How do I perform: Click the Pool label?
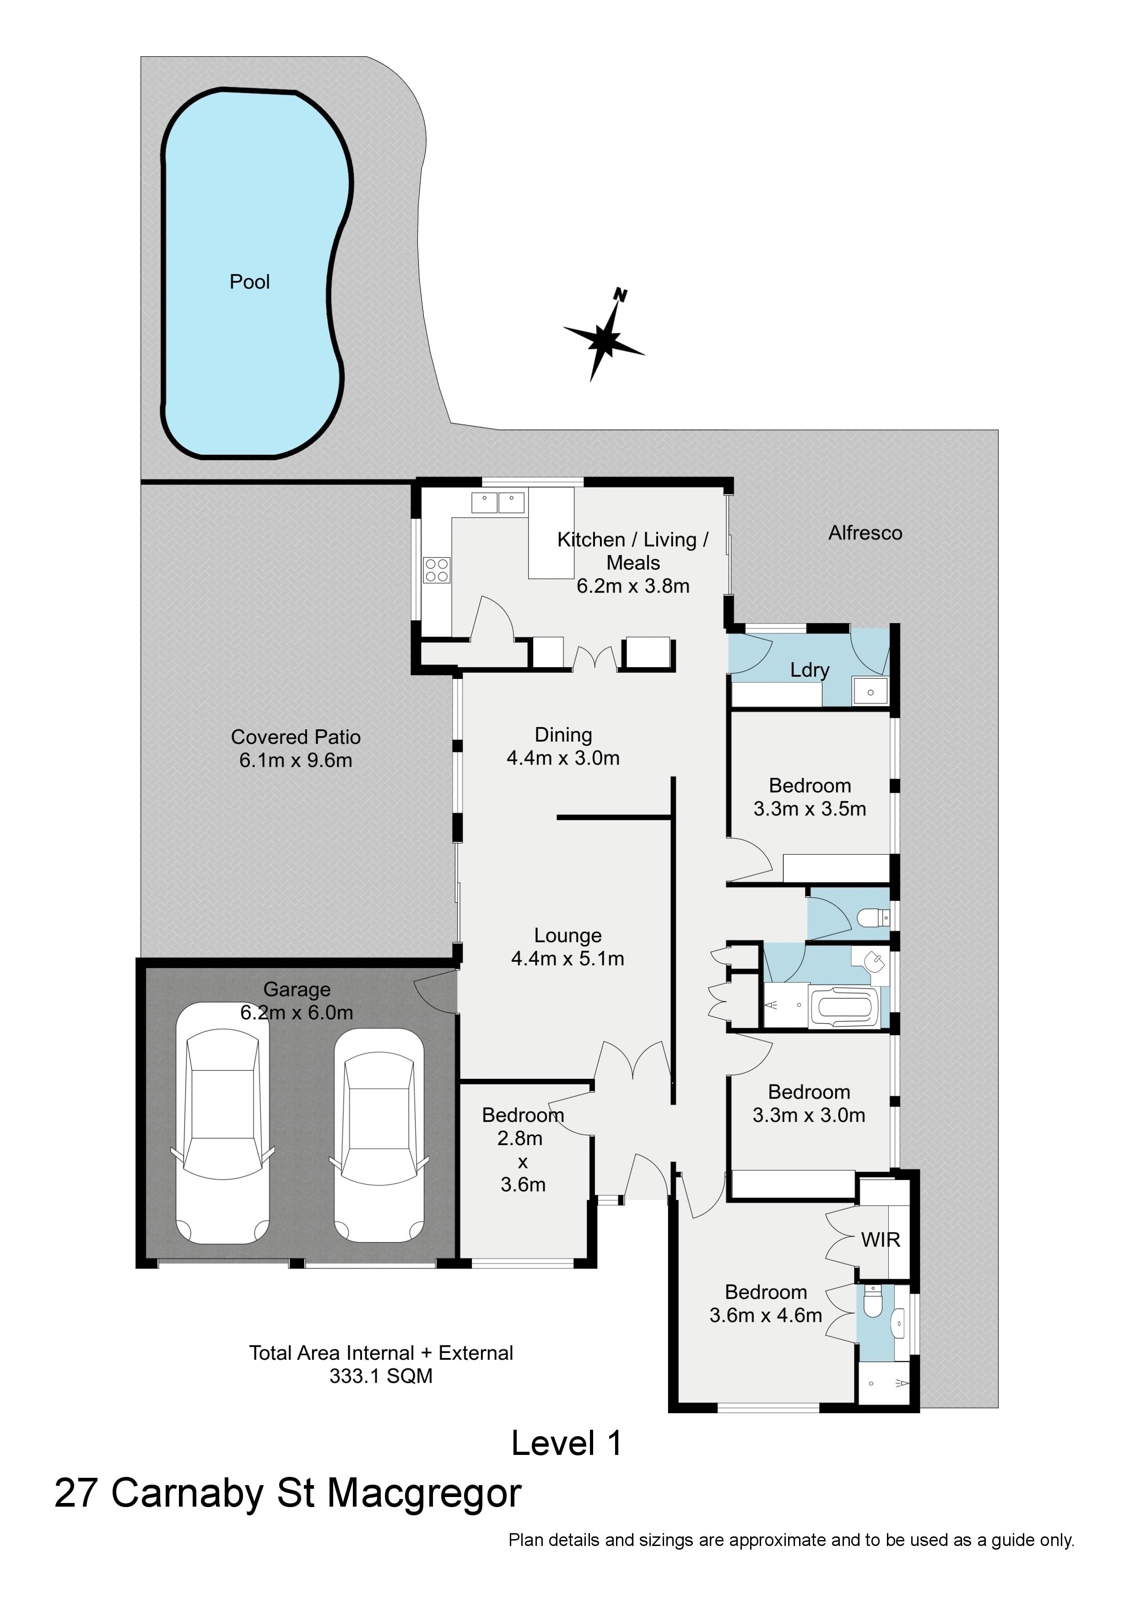[x=250, y=282]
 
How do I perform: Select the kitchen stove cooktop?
[x=436, y=570]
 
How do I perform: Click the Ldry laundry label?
[x=810, y=670]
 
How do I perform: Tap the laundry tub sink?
[x=870, y=691]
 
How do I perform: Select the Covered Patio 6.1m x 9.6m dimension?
[x=296, y=760]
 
